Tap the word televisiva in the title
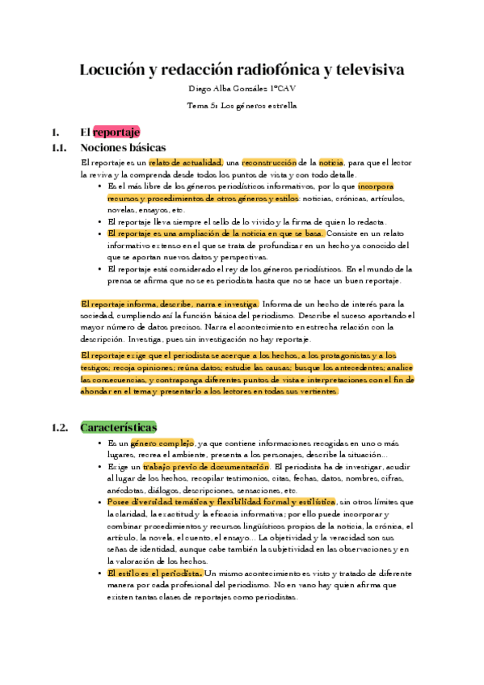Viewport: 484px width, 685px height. pyautogui.click(x=364, y=70)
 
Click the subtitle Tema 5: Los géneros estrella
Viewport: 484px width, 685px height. pyautogui.click(x=242, y=105)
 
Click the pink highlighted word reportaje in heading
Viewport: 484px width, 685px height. pyautogui.click(x=116, y=132)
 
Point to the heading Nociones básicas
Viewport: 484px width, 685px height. pyautogui.click(x=123, y=148)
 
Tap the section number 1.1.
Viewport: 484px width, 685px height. pyautogui.click(x=57, y=148)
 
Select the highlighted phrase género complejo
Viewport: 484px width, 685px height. pyautogui.click(x=162, y=443)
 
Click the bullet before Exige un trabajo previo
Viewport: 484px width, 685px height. pyautogui.click(x=100, y=468)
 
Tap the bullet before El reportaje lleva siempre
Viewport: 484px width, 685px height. pyautogui.click(x=100, y=221)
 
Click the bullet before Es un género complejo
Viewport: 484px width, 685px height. pyautogui.click(x=100, y=444)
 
